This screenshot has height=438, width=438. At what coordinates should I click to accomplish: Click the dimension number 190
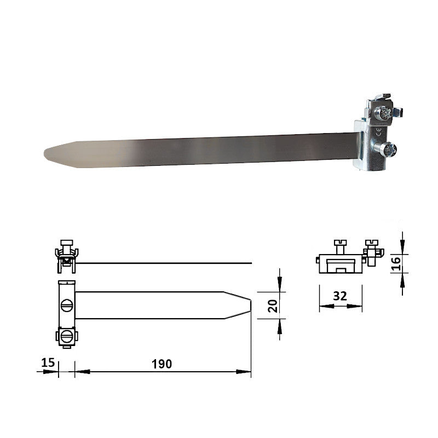click(162, 364)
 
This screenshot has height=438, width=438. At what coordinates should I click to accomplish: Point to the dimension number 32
click(340, 296)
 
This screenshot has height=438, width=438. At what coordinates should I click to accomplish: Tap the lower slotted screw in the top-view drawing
click(66, 336)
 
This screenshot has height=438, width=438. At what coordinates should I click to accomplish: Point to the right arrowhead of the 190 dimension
click(246, 372)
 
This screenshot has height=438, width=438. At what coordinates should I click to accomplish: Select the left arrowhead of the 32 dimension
click(323, 306)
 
